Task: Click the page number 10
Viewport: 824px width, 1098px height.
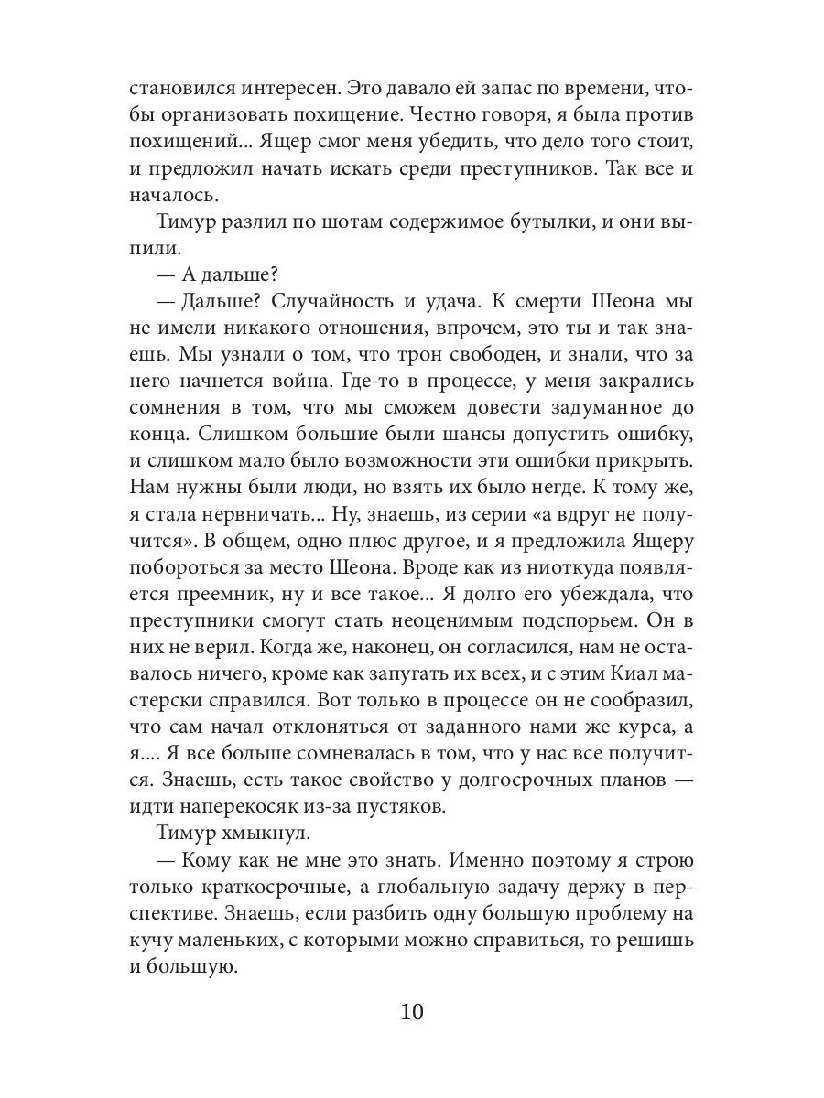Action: [412, 1014]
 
